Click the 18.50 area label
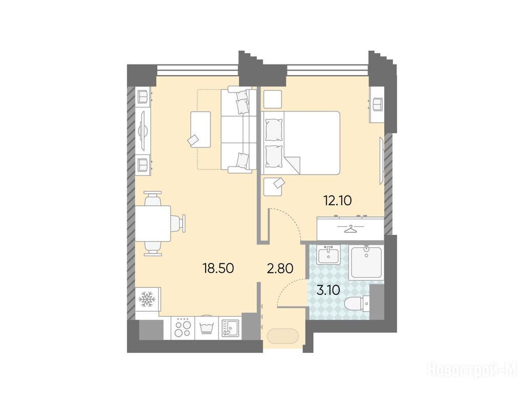218,268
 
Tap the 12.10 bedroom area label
338,201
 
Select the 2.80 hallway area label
280,268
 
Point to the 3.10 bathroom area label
328,290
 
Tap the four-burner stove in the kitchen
183,328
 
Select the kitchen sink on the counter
230,328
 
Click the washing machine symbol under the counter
206,327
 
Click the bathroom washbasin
329,255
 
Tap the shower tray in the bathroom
366,262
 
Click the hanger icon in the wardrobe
350,229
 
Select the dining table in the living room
153,223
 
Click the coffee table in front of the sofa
201,129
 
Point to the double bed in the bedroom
300,143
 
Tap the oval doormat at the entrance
282,336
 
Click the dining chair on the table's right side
178,223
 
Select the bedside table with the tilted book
273,186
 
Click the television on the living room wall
143,130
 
